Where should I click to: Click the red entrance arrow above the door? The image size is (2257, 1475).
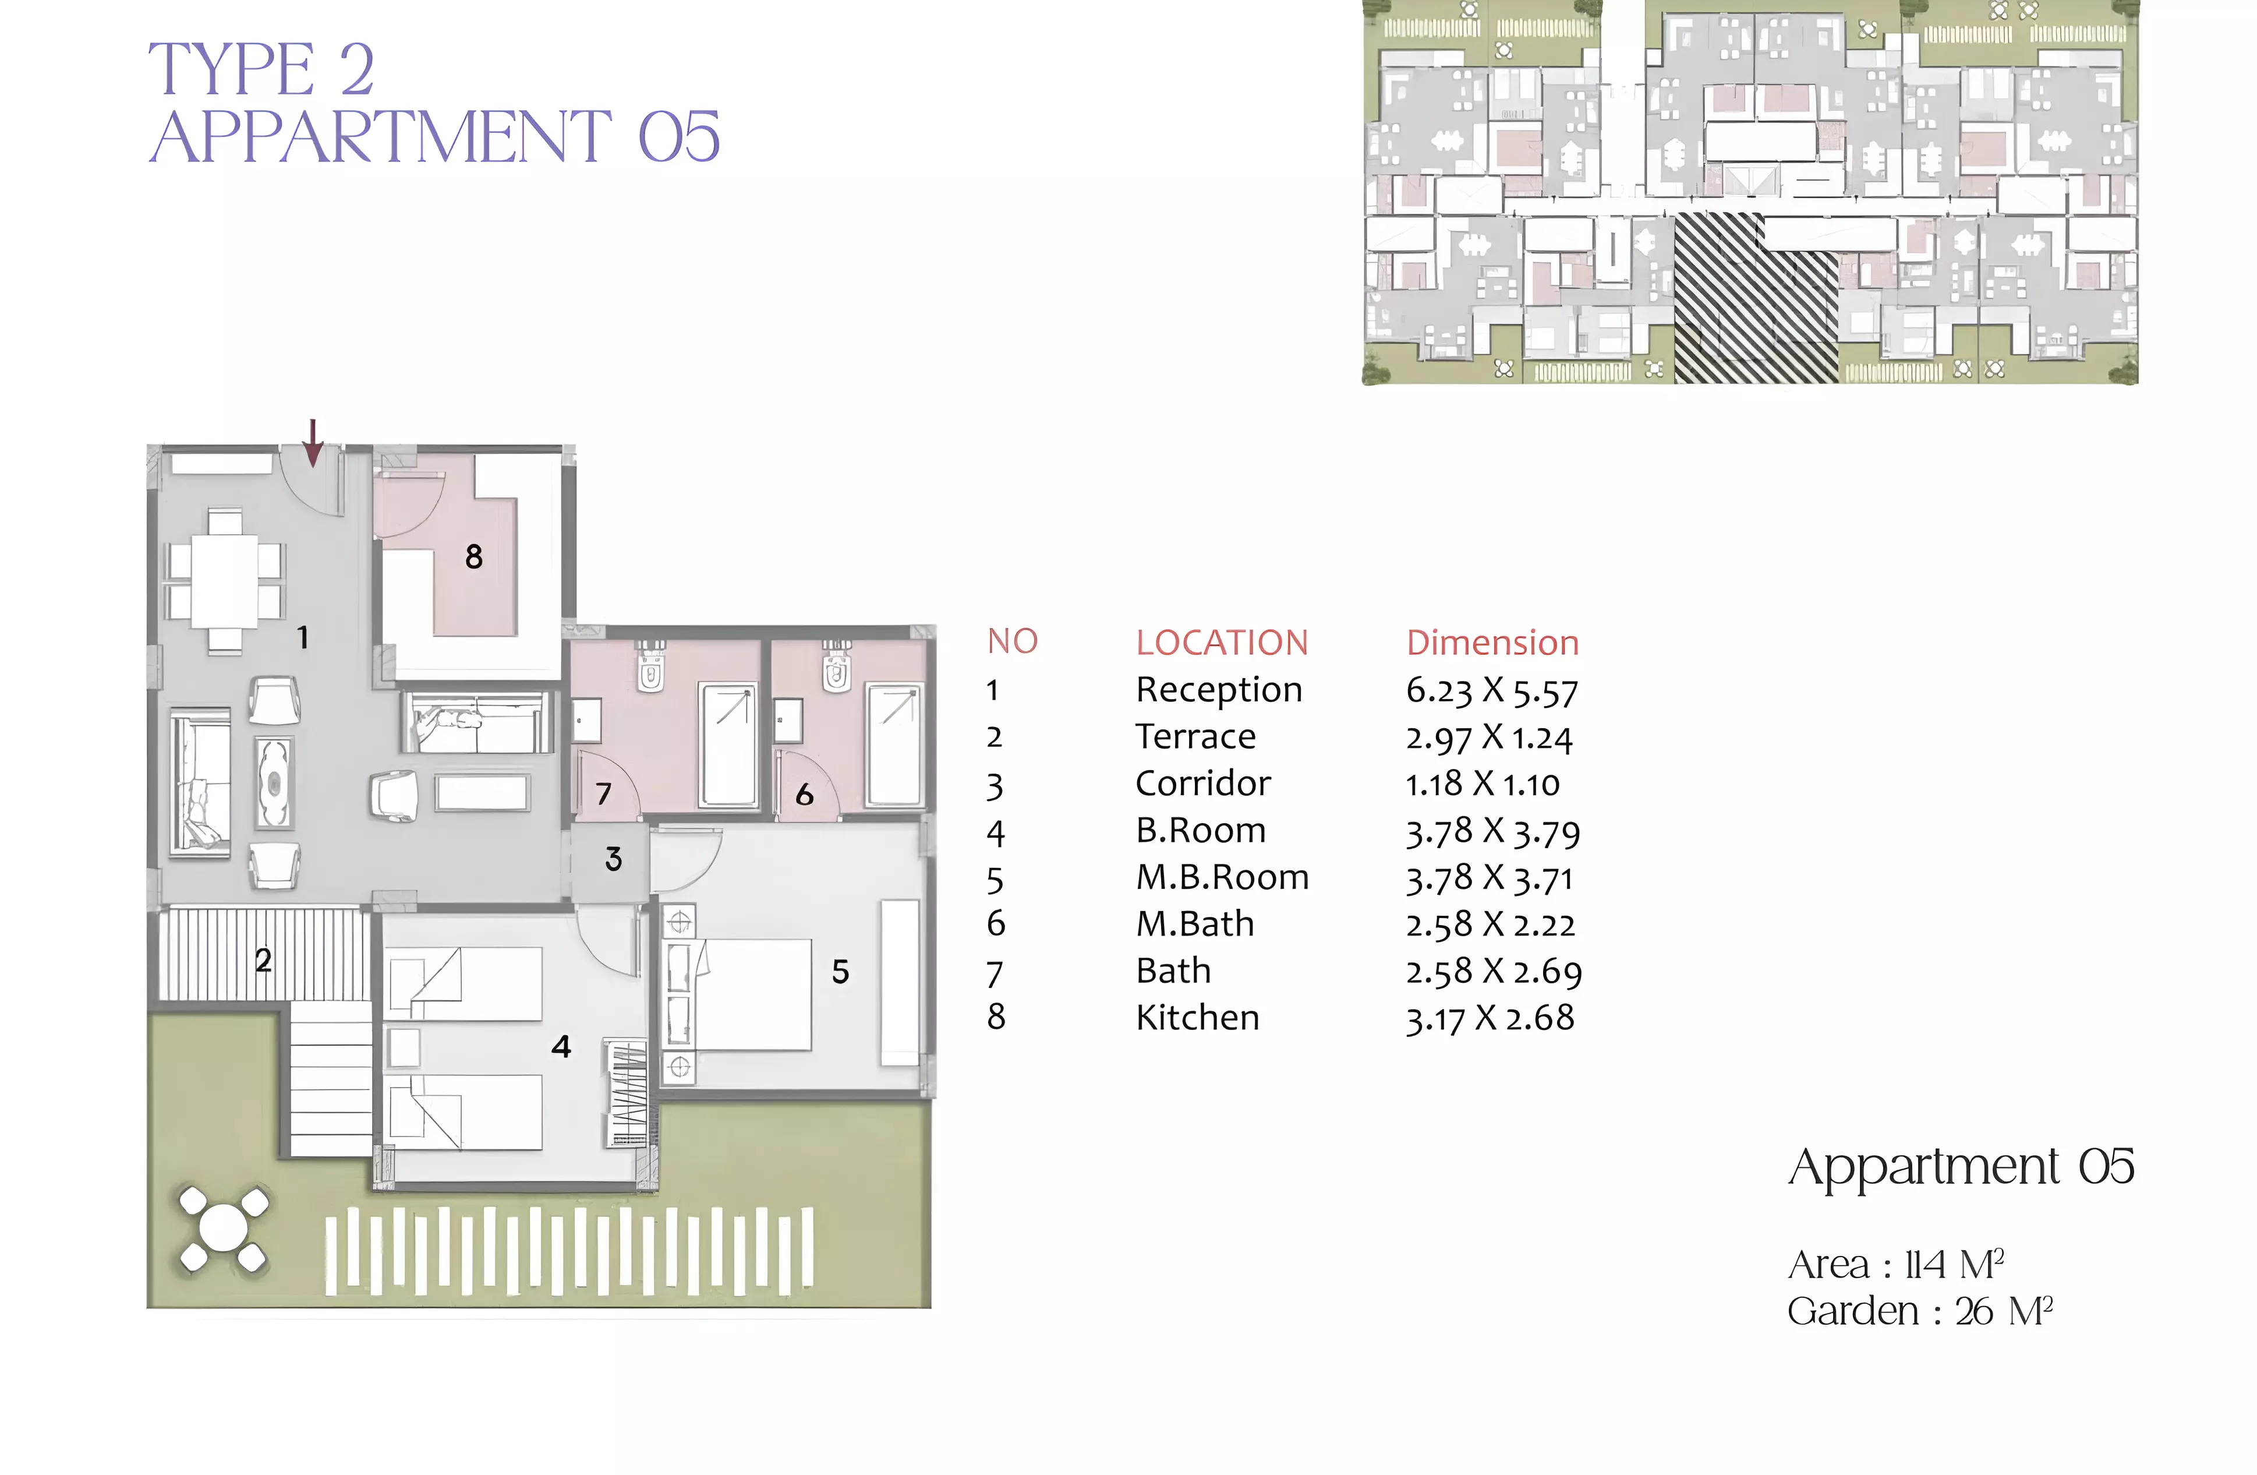tap(312, 443)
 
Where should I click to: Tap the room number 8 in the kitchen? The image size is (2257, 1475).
tap(474, 557)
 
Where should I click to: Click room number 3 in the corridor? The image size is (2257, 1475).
tap(614, 859)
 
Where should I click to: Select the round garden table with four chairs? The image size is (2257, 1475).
tap(224, 1229)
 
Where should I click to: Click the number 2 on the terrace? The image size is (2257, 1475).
tap(264, 960)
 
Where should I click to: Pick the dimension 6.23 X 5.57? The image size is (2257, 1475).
tap(1492, 690)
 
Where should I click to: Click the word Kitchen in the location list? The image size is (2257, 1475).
tap(1198, 1018)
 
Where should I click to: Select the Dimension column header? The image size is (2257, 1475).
tap(1492, 643)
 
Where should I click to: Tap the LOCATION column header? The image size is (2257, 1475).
tap(1222, 643)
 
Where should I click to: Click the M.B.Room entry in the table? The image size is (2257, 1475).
tap(1222, 877)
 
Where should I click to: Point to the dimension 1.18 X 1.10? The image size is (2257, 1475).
tap(1482, 785)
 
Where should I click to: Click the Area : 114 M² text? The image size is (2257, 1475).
tap(1896, 1265)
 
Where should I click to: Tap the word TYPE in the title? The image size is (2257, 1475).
tap(231, 69)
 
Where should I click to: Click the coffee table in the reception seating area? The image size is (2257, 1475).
tap(274, 784)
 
